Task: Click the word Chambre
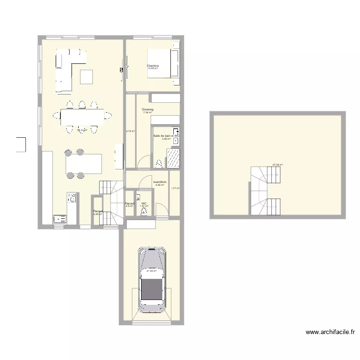(153, 66)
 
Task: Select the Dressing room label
(148, 110)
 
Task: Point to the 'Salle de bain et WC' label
(166, 136)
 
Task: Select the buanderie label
(160, 182)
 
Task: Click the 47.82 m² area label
(277, 165)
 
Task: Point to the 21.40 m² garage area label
(152, 271)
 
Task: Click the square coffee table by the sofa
(86, 77)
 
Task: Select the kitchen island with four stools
(84, 163)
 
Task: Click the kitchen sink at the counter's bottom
(60, 219)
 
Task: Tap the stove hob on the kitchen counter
(72, 197)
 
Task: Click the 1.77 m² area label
(175, 189)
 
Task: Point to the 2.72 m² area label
(130, 131)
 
